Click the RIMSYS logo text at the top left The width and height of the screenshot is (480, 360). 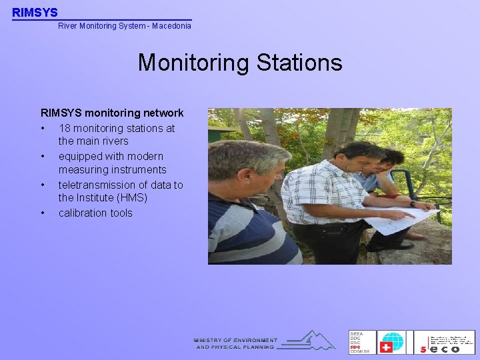[x=35, y=12]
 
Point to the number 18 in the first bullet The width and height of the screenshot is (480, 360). [x=65, y=128]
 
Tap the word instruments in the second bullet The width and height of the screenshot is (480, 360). [x=136, y=170]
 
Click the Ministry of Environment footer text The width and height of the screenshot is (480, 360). [x=235, y=343]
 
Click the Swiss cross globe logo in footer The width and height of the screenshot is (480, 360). [x=392, y=342]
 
